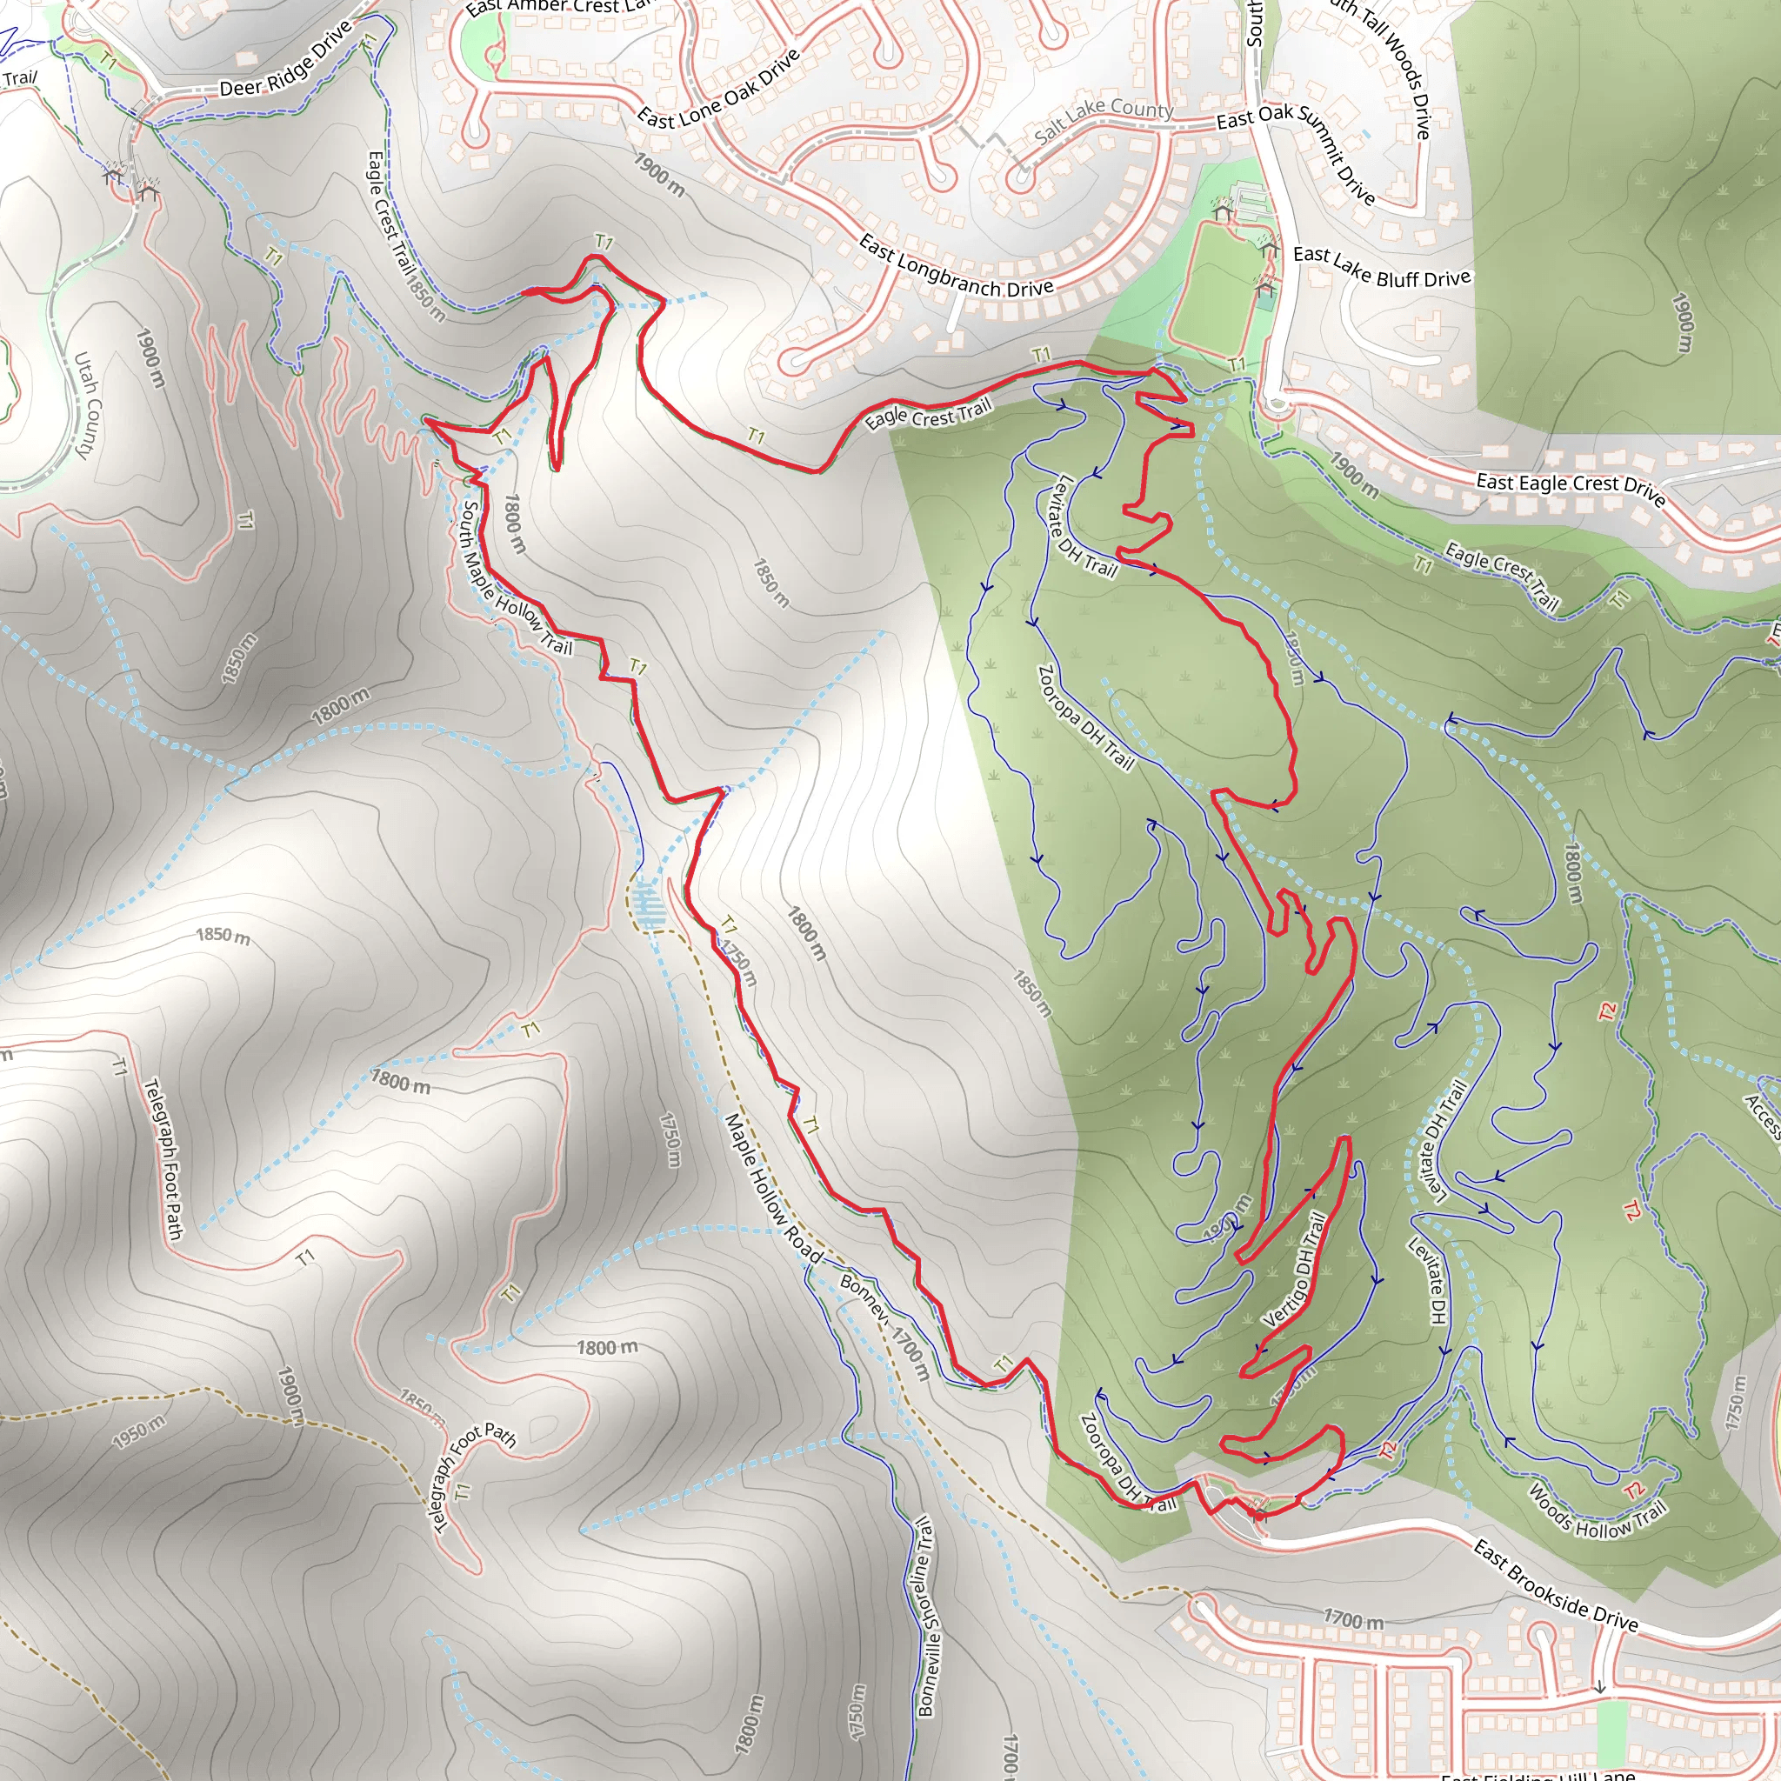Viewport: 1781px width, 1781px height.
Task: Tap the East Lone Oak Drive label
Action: coord(719,90)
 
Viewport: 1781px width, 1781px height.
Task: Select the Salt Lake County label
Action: coord(1104,121)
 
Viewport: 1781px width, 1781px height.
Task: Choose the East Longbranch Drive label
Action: coord(956,266)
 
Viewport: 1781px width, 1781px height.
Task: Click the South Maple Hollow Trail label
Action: coord(517,579)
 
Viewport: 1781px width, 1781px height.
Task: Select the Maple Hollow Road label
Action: coord(772,1187)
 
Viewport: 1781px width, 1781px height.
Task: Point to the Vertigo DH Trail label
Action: coord(1295,1271)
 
